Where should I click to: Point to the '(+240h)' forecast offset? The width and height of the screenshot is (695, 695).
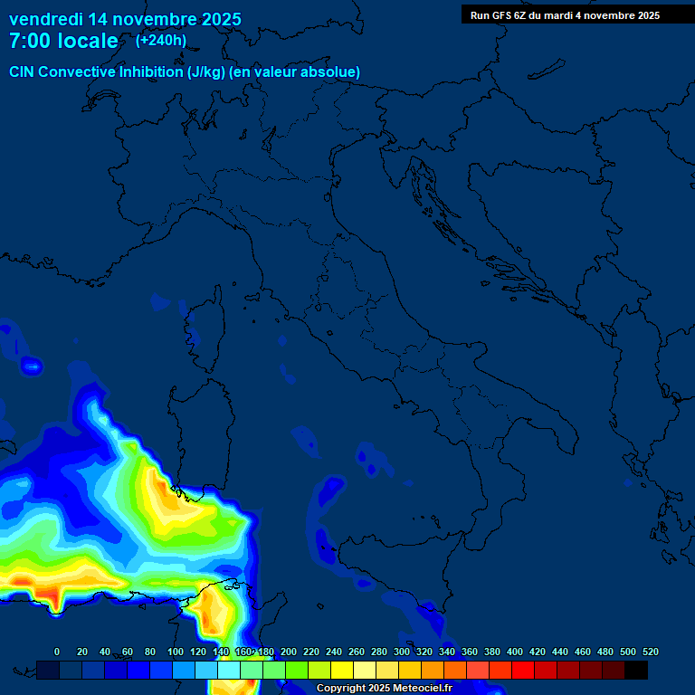[161, 40]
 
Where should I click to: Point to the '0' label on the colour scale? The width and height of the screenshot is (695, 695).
[57, 652]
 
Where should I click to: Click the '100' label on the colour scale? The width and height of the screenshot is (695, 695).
[176, 652]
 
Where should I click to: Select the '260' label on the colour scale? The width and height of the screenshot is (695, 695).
[357, 652]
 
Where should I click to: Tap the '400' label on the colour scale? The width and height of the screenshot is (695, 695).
[515, 652]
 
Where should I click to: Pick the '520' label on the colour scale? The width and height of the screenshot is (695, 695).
[650, 652]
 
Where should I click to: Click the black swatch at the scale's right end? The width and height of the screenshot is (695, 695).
[636, 670]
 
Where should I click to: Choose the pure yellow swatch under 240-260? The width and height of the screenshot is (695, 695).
[342, 670]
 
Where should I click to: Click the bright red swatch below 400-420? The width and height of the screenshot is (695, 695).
[523, 670]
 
